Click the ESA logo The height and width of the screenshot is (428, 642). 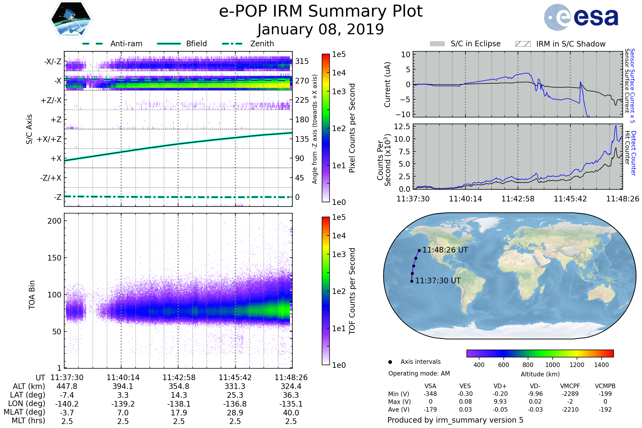pyautogui.click(x=581, y=17)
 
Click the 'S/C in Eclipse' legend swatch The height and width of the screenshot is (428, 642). pyautogui.click(x=437, y=44)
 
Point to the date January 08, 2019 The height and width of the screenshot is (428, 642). pyautogui.click(x=321, y=29)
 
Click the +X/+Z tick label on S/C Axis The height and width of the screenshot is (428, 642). pyautogui.click(x=49, y=139)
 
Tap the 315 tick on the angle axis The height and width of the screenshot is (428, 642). pyautogui.click(x=302, y=62)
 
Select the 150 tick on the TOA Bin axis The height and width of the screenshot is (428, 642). pyautogui.click(x=54, y=258)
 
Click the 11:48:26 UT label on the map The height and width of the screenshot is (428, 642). pyautogui.click(x=445, y=250)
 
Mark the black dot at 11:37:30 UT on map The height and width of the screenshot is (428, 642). pyautogui.click(x=412, y=281)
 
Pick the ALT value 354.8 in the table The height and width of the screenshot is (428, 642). pyautogui.click(x=179, y=387)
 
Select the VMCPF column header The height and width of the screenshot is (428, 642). pyautogui.click(x=570, y=386)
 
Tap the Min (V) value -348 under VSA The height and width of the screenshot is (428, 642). pyautogui.click(x=430, y=394)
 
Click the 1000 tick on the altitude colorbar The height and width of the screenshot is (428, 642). pyautogui.click(x=552, y=365)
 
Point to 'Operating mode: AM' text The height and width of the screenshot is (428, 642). pyautogui.click(x=419, y=373)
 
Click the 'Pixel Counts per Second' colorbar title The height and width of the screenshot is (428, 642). pyautogui.click(x=352, y=128)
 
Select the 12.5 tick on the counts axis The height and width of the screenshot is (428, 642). pyautogui.click(x=402, y=127)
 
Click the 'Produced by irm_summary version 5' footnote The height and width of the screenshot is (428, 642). pyautogui.click(x=455, y=420)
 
